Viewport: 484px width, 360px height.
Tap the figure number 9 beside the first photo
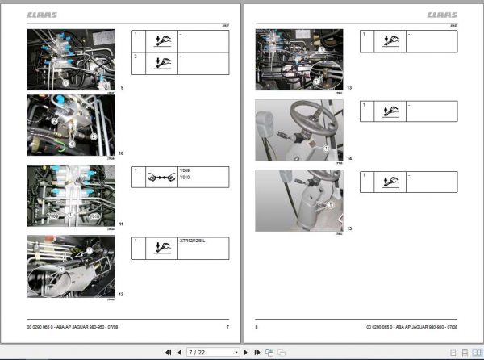click(122, 86)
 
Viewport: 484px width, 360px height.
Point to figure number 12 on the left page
click(121, 293)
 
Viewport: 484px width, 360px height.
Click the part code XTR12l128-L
click(191, 241)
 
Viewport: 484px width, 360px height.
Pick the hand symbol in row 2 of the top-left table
click(161, 62)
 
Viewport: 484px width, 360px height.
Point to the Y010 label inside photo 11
click(93, 216)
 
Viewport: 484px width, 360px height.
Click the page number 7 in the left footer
click(227, 327)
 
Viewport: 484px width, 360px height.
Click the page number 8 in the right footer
click(257, 327)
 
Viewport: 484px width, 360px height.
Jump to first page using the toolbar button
click(168, 352)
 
